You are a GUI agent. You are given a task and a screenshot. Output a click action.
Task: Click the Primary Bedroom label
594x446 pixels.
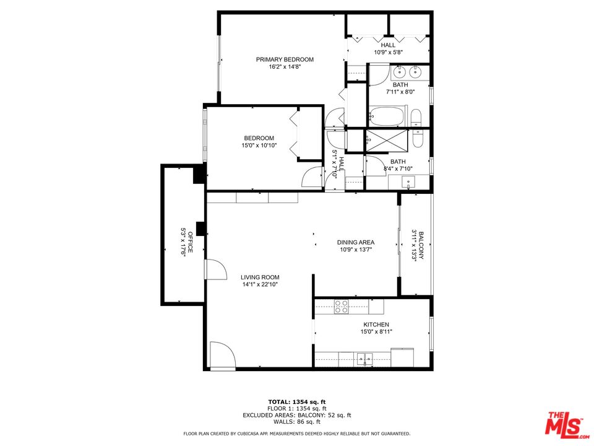point(285,59)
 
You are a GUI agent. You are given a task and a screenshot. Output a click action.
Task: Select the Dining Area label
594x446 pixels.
point(356,242)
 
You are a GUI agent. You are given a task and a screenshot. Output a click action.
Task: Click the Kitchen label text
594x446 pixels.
point(376,325)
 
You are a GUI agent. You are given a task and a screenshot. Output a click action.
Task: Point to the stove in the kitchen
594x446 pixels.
point(342,306)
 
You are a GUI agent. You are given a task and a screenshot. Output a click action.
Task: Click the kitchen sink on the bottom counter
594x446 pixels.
point(364,357)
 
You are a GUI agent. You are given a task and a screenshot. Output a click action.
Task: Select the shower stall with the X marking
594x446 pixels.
point(387,142)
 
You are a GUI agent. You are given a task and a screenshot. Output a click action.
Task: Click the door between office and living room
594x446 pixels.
point(215,270)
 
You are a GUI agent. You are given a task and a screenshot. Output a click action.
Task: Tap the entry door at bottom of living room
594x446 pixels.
point(222,356)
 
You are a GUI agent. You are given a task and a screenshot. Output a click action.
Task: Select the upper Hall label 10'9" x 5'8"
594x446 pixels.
point(388,53)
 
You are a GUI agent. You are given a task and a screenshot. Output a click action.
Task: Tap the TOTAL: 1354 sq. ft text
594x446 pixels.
point(296,402)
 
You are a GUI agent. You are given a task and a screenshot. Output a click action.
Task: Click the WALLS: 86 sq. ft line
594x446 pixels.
point(296,421)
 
